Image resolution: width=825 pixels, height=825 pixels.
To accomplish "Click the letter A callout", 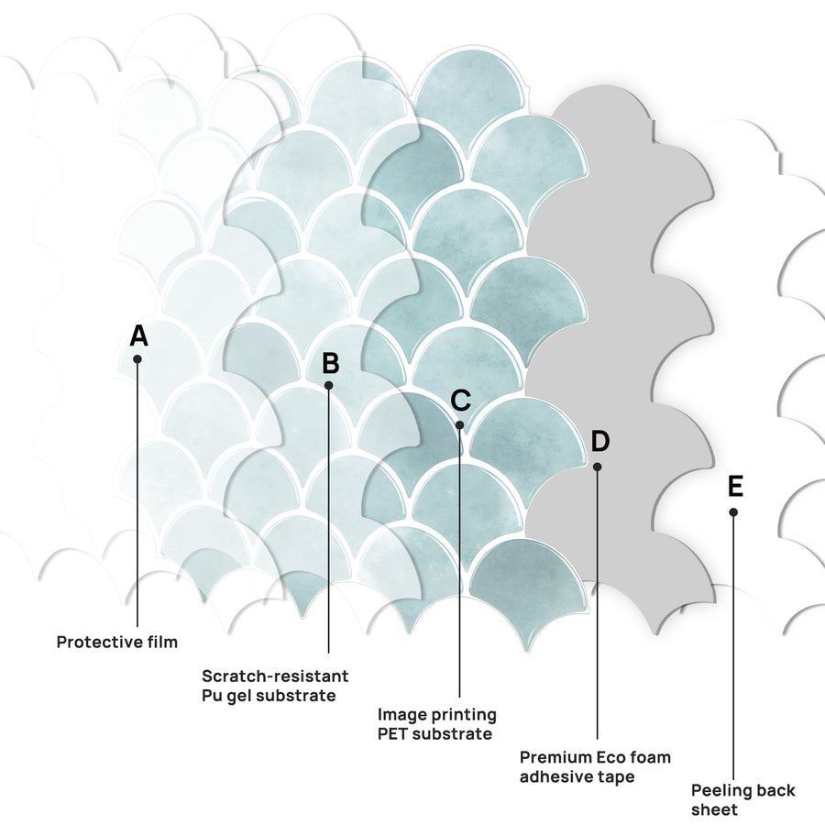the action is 139,335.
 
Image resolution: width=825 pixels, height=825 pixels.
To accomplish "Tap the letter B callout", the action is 330,363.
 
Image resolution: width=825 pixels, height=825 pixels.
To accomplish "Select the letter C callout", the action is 460,401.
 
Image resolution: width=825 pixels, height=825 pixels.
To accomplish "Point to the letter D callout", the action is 599,441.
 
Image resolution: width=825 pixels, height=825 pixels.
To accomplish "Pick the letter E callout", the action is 735,486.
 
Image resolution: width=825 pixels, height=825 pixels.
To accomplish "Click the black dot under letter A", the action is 137,358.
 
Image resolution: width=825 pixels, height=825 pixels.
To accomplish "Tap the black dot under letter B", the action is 329,386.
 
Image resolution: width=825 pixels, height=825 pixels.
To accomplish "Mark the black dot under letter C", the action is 459,424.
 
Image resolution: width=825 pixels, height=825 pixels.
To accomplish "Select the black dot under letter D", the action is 597,467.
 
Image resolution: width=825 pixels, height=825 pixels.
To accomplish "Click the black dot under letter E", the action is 733,511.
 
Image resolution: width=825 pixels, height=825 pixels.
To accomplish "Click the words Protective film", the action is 116,642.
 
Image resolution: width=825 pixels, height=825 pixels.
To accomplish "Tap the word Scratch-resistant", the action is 275,676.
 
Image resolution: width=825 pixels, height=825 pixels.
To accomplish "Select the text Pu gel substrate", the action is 269,696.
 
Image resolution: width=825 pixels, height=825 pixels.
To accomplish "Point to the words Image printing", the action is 437,714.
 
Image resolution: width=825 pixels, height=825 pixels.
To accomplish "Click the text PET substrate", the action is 435,733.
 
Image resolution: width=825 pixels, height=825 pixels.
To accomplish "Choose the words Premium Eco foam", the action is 595,757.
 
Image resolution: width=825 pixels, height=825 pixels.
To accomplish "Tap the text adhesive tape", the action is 577,776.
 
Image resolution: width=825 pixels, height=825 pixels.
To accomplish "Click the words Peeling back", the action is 742,790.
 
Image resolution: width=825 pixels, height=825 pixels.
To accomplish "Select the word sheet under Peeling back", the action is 714,809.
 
